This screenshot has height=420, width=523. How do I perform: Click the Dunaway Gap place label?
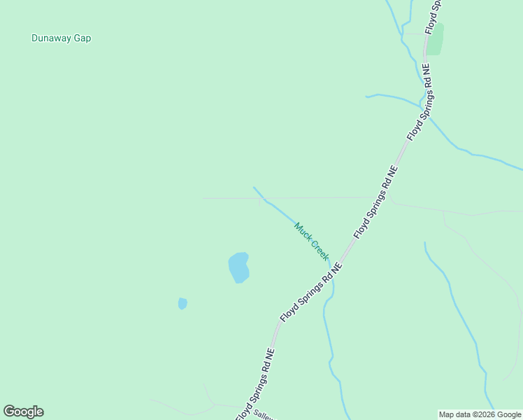coord(61,38)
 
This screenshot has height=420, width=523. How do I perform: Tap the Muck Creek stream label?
coord(311,241)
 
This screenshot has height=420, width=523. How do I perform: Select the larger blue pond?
coord(238,267)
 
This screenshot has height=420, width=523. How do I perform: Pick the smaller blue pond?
coord(182,303)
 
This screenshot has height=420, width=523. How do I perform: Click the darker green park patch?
coord(435,39)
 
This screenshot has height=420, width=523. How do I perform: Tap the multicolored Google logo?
coord(23,412)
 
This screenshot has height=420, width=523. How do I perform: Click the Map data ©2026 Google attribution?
coord(480,414)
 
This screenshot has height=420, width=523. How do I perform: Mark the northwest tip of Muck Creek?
coord(254,188)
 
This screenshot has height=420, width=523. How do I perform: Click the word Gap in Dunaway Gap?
coord(81,38)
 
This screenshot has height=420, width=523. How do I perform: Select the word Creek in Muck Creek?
coord(319,250)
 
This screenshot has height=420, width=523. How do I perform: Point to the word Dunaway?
coord(50,38)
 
